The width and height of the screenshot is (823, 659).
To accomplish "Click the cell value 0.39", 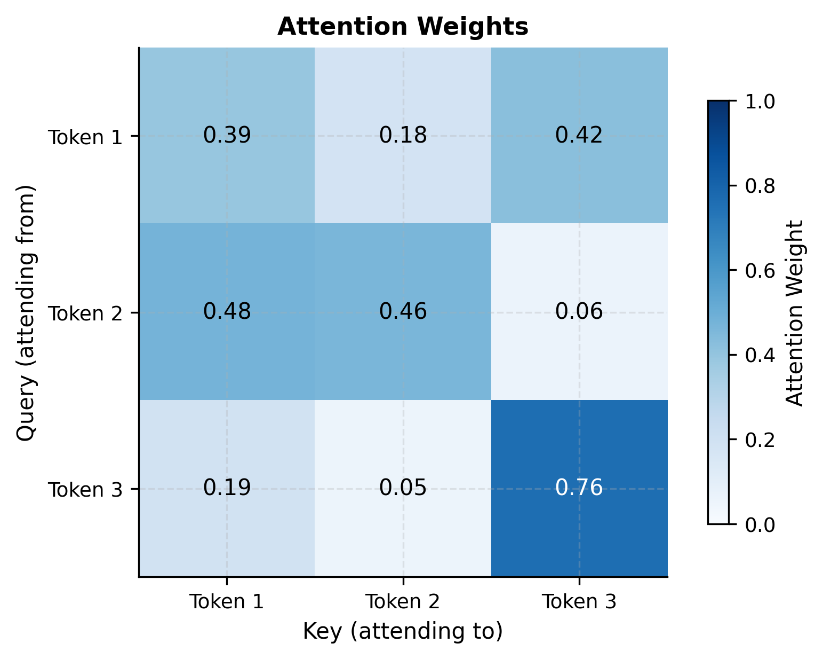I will coord(227,136).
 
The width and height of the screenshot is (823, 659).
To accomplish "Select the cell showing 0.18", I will coord(403,136).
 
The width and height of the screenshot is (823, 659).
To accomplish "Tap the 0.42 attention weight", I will coord(579,136).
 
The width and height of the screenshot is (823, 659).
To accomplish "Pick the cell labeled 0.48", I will coord(227,312).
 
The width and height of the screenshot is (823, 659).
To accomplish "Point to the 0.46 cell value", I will coord(403,312).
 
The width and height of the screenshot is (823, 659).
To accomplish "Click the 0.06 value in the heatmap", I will coord(579,312).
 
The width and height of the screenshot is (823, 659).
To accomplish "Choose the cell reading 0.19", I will coord(227,488).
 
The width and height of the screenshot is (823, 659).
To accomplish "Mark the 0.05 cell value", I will coord(403,488).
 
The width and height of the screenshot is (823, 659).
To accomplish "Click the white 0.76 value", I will coord(579,488).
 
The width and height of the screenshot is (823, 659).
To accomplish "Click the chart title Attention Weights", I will coord(403,27).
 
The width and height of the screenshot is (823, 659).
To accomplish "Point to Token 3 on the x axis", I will coord(579,602).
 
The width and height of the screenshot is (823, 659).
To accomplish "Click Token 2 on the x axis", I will coord(403,602).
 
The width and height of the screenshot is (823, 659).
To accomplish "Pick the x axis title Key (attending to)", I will coord(403,631).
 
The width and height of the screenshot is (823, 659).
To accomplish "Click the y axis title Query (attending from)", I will coord(25,313).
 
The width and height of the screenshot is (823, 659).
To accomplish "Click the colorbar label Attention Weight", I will coord(795,313).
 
